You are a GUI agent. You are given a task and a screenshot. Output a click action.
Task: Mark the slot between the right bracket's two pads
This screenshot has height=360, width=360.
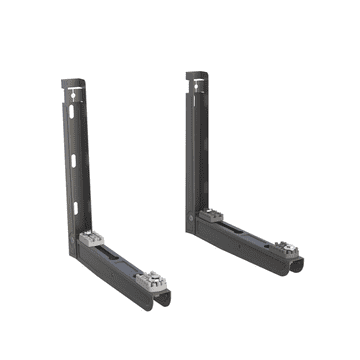point(245,233)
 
